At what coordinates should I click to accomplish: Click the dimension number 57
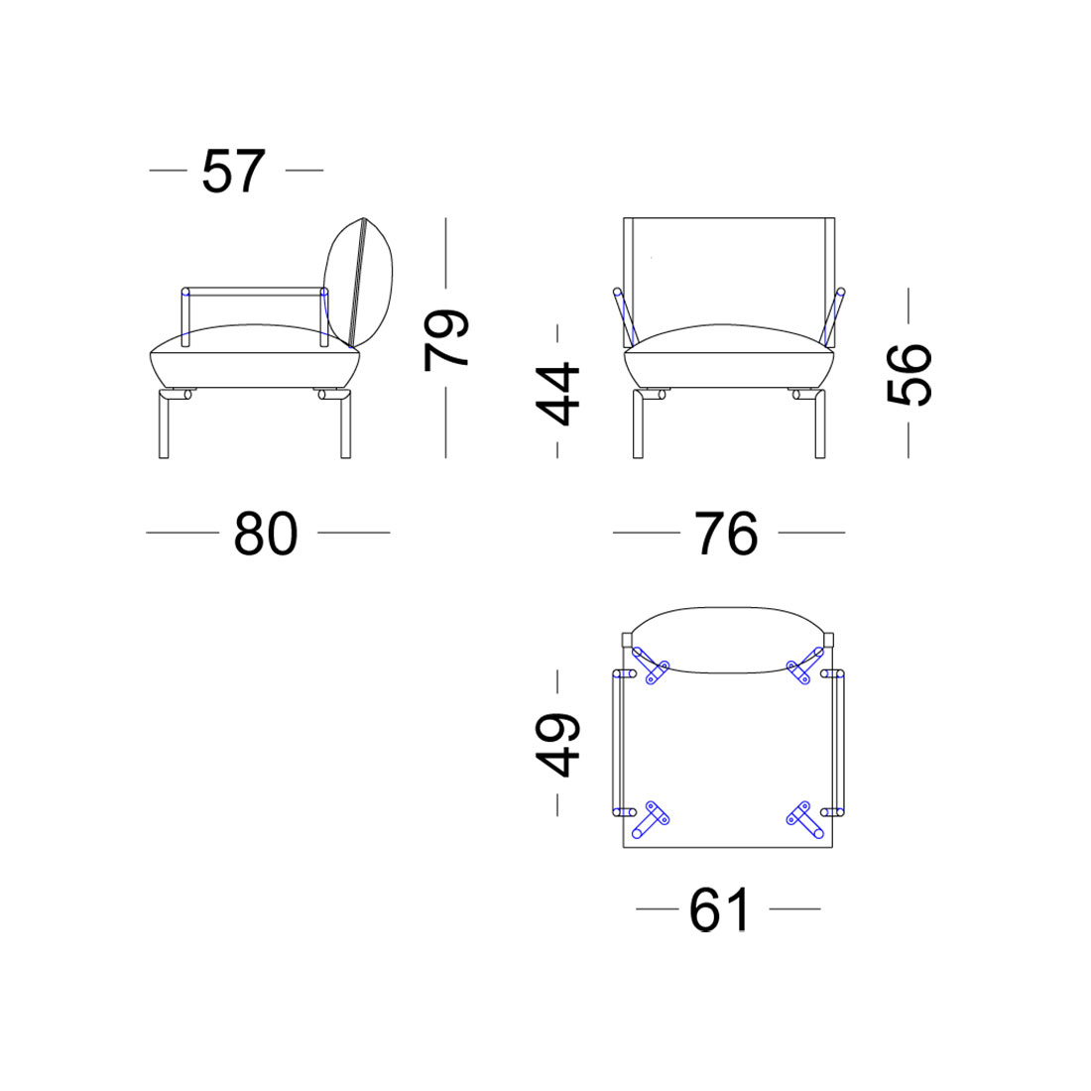[x=234, y=172]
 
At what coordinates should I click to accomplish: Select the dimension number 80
[x=266, y=534]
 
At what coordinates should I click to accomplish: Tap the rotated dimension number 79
[x=446, y=339]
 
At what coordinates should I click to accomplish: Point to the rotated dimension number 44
[x=557, y=394]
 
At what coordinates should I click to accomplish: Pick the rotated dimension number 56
[x=909, y=374]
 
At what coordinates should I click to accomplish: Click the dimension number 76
[x=726, y=534]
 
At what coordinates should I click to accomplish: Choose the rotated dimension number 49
[x=557, y=745]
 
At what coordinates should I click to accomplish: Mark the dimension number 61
[x=720, y=910]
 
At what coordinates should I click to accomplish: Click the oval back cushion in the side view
[x=358, y=283]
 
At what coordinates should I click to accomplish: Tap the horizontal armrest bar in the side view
[x=255, y=292]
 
